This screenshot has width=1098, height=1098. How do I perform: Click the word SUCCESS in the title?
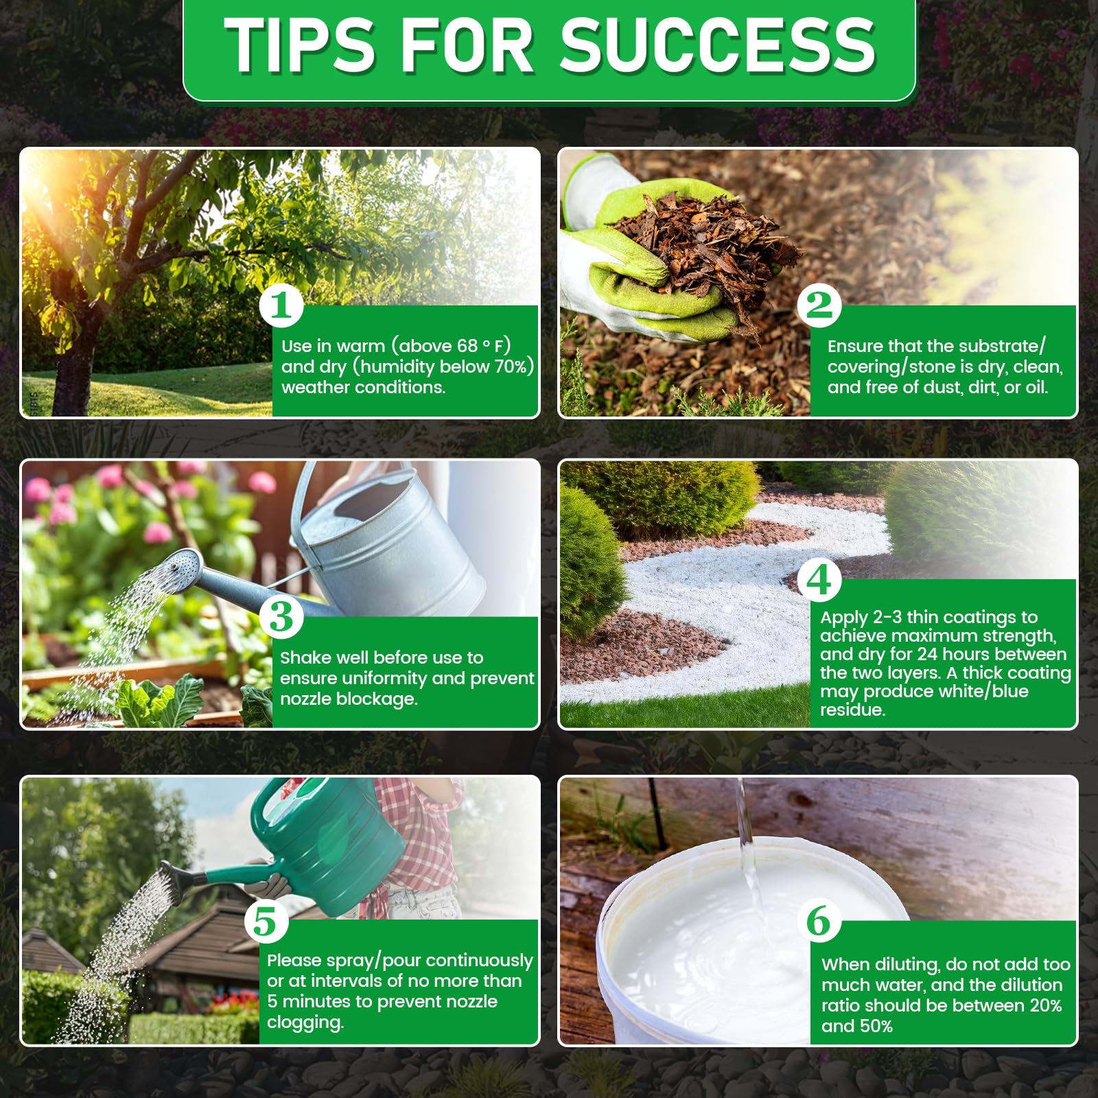(x=719, y=45)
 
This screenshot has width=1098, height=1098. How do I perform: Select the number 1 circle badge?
(x=281, y=305)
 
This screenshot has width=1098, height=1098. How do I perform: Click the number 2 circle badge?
(x=819, y=305)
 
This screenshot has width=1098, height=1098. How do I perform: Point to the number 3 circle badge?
(x=281, y=616)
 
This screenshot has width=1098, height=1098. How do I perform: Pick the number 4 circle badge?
(x=819, y=580)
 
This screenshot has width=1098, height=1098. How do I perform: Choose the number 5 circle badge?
(x=266, y=921)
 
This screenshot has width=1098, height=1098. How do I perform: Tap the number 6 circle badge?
(x=819, y=921)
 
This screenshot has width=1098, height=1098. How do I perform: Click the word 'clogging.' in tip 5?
(x=305, y=1023)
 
